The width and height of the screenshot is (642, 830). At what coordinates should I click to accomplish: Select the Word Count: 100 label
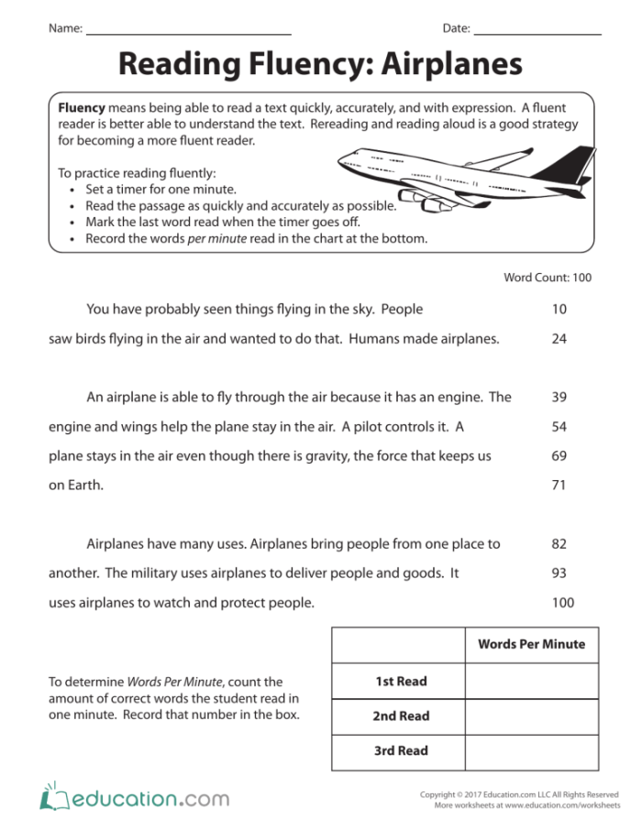click(548, 278)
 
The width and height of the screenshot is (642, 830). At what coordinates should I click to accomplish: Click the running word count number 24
click(559, 339)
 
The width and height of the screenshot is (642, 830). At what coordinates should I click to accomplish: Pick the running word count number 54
click(559, 427)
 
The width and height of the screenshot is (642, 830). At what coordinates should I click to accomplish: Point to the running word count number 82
click(559, 544)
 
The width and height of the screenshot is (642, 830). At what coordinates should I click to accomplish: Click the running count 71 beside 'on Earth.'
click(559, 486)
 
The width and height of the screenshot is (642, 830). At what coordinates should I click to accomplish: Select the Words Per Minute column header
click(531, 644)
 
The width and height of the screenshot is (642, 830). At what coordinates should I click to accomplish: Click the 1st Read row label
click(401, 682)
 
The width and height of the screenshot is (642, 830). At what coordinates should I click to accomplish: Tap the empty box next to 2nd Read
click(531, 716)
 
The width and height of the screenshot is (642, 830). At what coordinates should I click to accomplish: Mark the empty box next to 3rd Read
click(531, 751)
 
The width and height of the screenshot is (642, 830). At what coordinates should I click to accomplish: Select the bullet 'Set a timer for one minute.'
click(148, 189)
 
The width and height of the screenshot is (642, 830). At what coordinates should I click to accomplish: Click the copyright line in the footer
click(518, 794)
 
